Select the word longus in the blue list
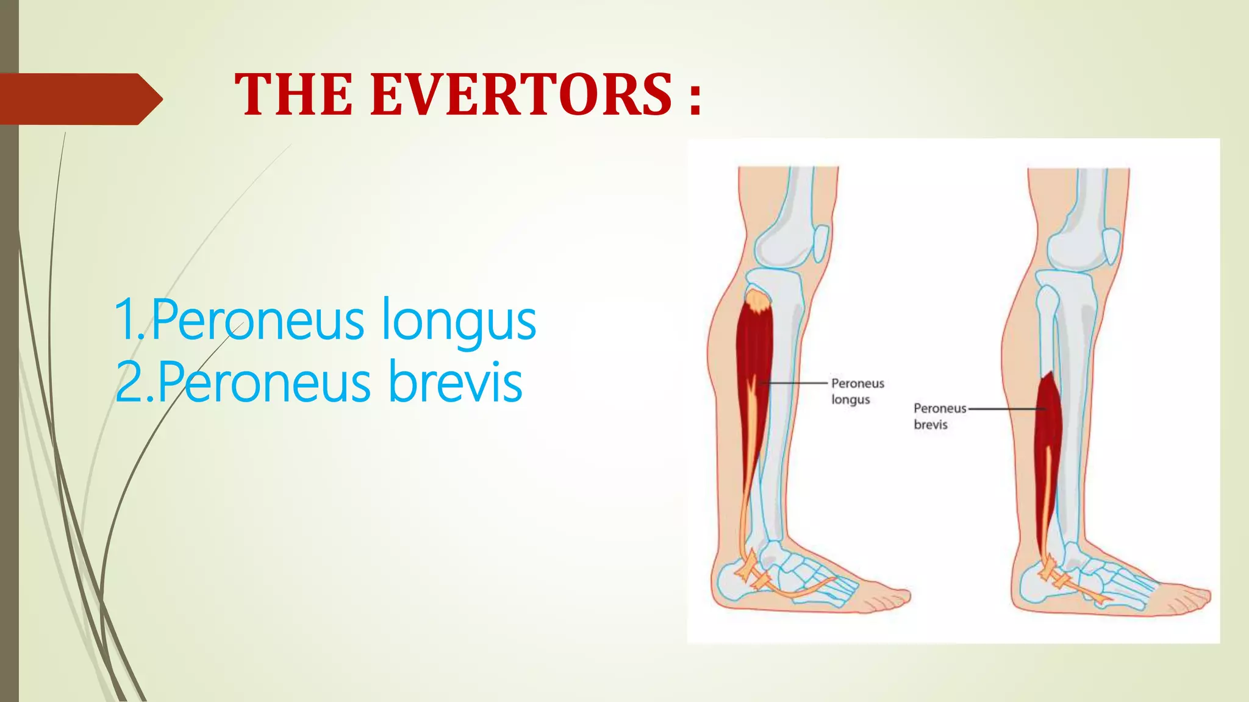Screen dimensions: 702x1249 click(458, 321)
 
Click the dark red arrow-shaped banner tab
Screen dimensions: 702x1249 click(79, 99)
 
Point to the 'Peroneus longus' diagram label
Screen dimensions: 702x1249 click(857, 391)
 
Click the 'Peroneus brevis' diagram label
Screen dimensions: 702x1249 click(939, 416)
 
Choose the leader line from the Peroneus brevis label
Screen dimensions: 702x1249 click(1006, 409)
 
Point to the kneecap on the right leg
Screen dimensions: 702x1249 click(1111, 246)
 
